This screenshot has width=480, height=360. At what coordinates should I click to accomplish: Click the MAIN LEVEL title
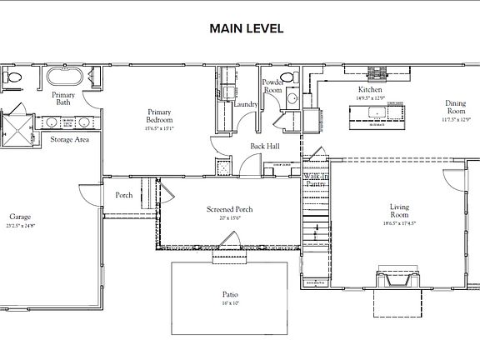tap(246, 28)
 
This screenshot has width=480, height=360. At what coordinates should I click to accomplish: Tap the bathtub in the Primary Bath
tap(62, 78)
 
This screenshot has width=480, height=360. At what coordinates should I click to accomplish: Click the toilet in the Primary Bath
tap(12, 77)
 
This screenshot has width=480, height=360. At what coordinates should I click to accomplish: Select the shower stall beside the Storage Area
tap(16, 127)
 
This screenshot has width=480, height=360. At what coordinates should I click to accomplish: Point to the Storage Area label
tap(69, 140)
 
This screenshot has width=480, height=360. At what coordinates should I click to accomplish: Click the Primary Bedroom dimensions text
tap(158, 128)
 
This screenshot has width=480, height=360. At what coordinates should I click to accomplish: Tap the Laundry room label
tap(246, 104)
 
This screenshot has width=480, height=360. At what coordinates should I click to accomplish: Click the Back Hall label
tap(265, 147)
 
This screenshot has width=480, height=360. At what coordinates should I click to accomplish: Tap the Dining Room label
tap(455, 107)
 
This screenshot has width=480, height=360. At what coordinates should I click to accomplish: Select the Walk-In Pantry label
tap(315, 179)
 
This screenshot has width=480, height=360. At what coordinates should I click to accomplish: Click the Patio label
tap(230, 295)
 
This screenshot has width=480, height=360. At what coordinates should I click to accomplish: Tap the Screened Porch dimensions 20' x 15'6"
tap(229, 217)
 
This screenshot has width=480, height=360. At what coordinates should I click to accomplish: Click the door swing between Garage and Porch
tap(87, 196)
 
